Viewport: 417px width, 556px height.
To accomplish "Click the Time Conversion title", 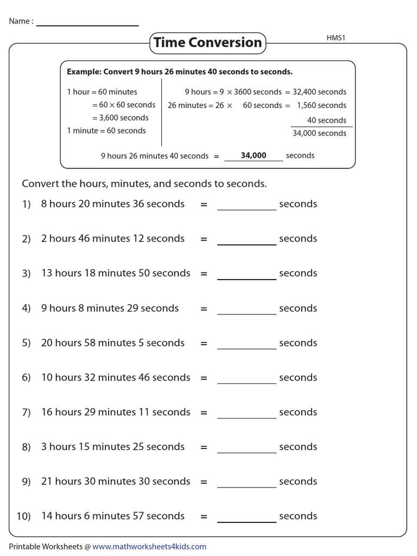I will [207, 42].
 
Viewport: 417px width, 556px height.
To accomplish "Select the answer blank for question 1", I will [247, 205].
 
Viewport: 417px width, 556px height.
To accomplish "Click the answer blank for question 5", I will [247, 344].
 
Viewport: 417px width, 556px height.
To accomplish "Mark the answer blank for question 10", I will [247, 517].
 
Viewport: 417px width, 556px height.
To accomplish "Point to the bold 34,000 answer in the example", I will [254, 155].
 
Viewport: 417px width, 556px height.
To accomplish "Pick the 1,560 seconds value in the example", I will [321, 105].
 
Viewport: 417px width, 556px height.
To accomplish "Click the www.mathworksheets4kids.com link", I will [149, 546].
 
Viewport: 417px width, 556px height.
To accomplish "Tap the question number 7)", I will [27, 413].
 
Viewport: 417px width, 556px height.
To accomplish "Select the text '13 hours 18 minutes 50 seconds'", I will [116, 273].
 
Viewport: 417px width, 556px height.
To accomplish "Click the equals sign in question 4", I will [204, 308].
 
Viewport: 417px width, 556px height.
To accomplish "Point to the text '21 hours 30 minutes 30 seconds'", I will [116, 482].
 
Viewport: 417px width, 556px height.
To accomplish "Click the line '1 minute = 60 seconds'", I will [106, 130].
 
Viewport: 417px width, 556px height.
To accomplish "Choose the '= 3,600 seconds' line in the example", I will [120, 118].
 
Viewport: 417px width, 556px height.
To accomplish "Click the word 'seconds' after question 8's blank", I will [298, 447].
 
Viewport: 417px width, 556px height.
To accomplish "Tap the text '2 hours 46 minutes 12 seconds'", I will [113, 238].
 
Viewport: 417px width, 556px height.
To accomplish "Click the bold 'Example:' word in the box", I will [84, 72].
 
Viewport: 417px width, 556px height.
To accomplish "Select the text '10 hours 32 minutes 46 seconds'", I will [116, 377].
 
